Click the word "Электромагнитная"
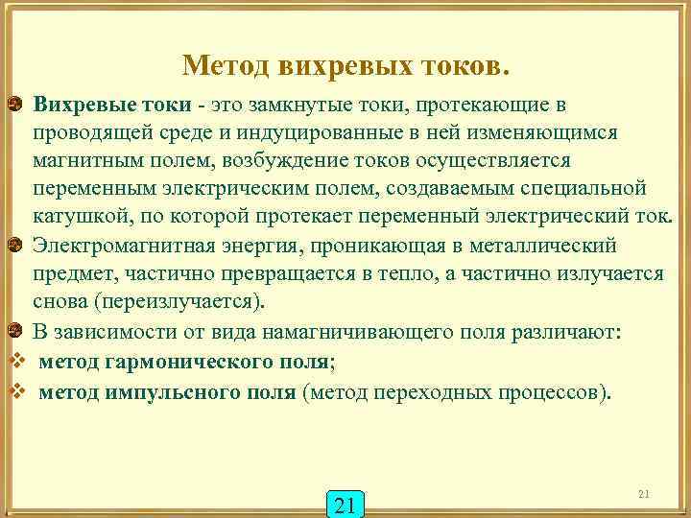click(116, 246)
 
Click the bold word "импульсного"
click(181, 393)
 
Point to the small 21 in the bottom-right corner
click(644, 494)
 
